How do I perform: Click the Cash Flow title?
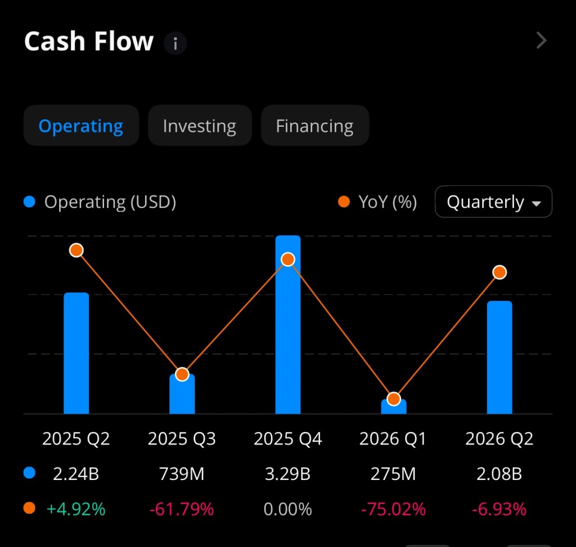tap(88, 42)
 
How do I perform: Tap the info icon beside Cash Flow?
tap(175, 43)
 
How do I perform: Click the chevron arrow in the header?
tap(541, 41)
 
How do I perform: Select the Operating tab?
tap(81, 126)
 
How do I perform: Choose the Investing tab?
tap(200, 126)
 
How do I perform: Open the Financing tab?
tap(314, 126)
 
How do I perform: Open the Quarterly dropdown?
tap(493, 202)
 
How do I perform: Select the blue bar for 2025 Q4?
tap(288, 338)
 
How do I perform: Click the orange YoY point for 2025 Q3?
tap(182, 374)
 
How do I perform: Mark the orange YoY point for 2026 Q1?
tap(394, 399)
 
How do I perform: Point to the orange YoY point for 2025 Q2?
tap(76, 250)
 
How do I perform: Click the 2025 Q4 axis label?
tap(288, 439)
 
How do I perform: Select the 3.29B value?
tap(288, 474)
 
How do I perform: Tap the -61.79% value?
tap(182, 509)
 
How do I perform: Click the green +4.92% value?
tap(76, 509)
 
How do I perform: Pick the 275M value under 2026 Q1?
tap(394, 474)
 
